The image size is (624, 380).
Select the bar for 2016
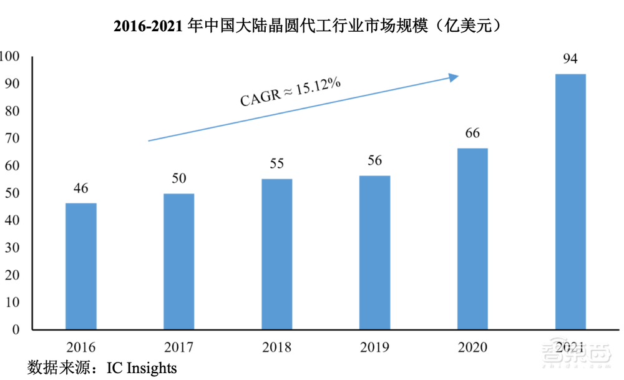pyautogui.click(x=81, y=266)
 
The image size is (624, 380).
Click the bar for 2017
pyautogui.click(x=178, y=261)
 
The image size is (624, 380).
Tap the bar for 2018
pyautogui.click(x=276, y=255)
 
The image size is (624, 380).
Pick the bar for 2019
pyautogui.click(x=374, y=253)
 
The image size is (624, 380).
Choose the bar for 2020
pyautogui.click(x=472, y=239)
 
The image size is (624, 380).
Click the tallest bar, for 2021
pyautogui.click(x=570, y=202)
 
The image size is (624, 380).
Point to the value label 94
pyautogui.click(x=570, y=59)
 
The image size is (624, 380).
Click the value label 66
pyautogui.click(x=472, y=134)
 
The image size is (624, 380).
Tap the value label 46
pyautogui.click(x=81, y=188)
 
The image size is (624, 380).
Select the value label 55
pyautogui.click(x=276, y=164)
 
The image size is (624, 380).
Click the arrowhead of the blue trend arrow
pyautogui.click(x=455, y=77)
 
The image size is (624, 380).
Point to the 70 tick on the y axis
pyautogui.click(x=12, y=139)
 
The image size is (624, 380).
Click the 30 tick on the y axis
pyautogui.click(x=12, y=248)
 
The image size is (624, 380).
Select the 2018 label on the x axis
pyautogui.click(x=276, y=348)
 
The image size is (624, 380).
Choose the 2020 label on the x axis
pyautogui.click(x=472, y=348)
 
